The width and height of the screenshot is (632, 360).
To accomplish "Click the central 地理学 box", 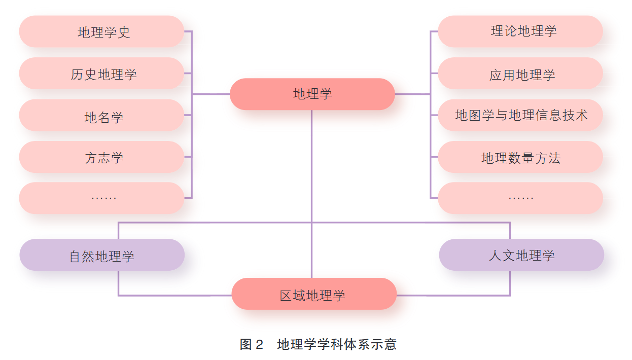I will pos(312,94).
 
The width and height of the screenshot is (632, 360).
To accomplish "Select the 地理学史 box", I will pos(101,31).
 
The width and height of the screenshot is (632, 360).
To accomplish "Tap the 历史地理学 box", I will pos(101,74).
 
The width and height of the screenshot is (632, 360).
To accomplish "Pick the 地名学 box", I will pos(101,116).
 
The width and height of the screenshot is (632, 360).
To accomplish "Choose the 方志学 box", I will pos(101,157).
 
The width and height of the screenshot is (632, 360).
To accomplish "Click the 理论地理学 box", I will pos(520,31).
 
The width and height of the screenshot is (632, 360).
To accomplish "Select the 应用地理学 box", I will pos(520,74).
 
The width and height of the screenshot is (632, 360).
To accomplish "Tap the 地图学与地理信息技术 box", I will pos(520,115).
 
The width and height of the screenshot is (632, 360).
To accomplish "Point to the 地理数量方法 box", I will pos(520,157).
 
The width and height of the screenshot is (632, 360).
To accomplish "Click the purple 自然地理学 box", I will pos(102,255).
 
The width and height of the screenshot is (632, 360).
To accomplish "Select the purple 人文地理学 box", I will pos(521,255).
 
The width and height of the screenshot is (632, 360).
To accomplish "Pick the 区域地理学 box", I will pos(313,294).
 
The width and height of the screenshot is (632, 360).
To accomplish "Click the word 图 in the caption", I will pos(245,345).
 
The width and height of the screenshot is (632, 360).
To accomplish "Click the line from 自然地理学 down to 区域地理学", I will pos(119,284).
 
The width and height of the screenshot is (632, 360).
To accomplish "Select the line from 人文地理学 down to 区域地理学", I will pos(510,284).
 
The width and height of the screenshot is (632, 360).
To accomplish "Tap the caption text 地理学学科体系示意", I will pos(337,345).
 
